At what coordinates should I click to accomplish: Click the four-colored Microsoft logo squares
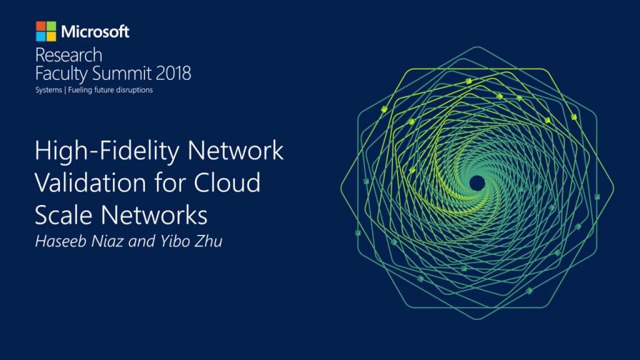tap(46, 31)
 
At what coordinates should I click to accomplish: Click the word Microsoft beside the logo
tap(96, 31)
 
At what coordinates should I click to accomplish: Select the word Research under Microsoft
tap(68, 55)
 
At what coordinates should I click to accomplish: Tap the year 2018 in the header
tap(170, 74)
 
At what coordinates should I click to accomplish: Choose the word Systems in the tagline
tap(48, 90)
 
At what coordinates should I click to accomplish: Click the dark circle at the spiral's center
tap(477, 182)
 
